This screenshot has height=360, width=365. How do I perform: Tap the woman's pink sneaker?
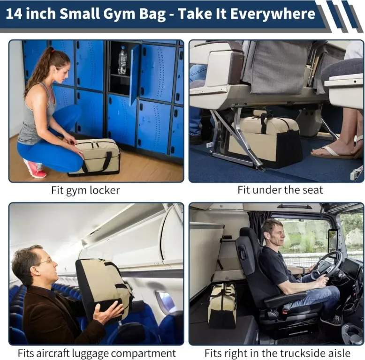35,168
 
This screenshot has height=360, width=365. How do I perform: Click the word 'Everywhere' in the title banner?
273,14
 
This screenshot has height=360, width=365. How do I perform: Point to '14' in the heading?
15,14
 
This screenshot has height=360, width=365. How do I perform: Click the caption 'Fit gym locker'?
85,190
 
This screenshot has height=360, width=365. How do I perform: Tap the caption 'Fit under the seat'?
280,190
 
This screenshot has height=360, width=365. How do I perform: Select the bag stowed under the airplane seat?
266,138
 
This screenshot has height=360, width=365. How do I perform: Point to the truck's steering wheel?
326,265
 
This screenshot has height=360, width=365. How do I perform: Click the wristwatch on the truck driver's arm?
304,270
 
